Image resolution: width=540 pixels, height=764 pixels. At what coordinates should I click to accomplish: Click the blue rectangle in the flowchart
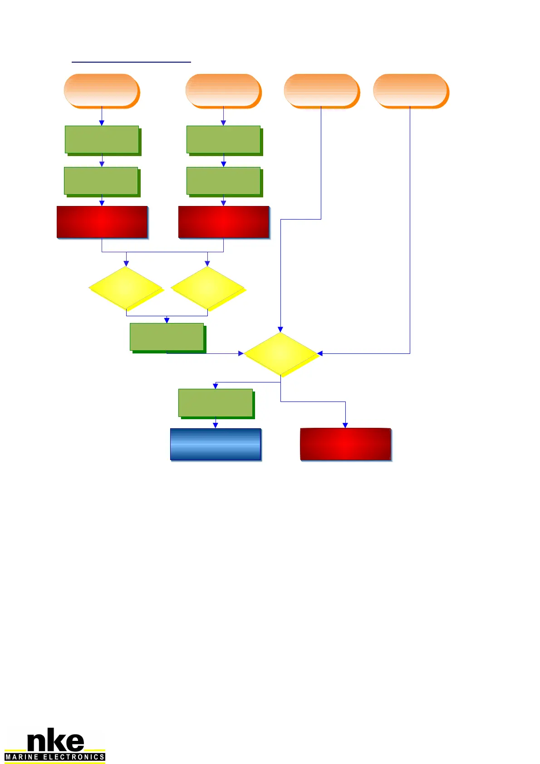pyautogui.click(x=216, y=444)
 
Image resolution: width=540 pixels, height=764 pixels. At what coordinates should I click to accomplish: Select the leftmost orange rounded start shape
pyautogui.click(x=101, y=90)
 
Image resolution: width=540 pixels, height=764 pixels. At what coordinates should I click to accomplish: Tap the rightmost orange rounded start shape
pyautogui.click(x=410, y=90)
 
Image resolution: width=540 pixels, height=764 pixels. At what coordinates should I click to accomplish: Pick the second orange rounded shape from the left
pyautogui.click(x=223, y=90)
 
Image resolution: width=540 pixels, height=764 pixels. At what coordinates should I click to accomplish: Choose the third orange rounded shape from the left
pyautogui.click(x=321, y=90)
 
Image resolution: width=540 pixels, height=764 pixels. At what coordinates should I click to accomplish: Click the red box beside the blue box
pyautogui.click(x=345, y=444)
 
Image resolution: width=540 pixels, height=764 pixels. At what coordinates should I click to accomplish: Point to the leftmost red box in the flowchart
pyautogui.click(x=102, y=222)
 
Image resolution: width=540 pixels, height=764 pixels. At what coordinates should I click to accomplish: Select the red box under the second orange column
pyautogui.click(x=224, y=222)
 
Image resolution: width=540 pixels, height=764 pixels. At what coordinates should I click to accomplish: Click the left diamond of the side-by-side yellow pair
pyautogui.click(x=126, y=288)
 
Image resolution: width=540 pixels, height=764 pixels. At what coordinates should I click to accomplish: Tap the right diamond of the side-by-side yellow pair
pyautogui.click(x=208, y=288)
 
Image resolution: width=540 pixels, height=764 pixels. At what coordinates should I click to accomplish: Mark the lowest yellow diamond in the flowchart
pyautogui.click(x=280, y=353)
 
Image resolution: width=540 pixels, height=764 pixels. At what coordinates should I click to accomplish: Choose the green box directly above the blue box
pyautogui.click(x=216, y=402)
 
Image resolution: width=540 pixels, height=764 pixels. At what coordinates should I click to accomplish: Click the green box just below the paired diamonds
pyautogui.click(x=167, y=337)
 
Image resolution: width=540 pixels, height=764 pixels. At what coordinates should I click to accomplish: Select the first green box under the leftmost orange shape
pyautogui.click(x=102, y=139)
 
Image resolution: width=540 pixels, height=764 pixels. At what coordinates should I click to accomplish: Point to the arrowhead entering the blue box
pyautogui.click(x=216, y=426)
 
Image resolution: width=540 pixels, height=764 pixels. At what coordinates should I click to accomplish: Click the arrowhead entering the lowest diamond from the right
pyautogui.click(x=320, y=353)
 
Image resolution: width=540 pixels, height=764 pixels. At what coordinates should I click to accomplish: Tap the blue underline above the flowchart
pyautogui.click(x=131, y=61)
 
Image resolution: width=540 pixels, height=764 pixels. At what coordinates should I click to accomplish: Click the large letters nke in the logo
pyautogui.click(x=55, y=741)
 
